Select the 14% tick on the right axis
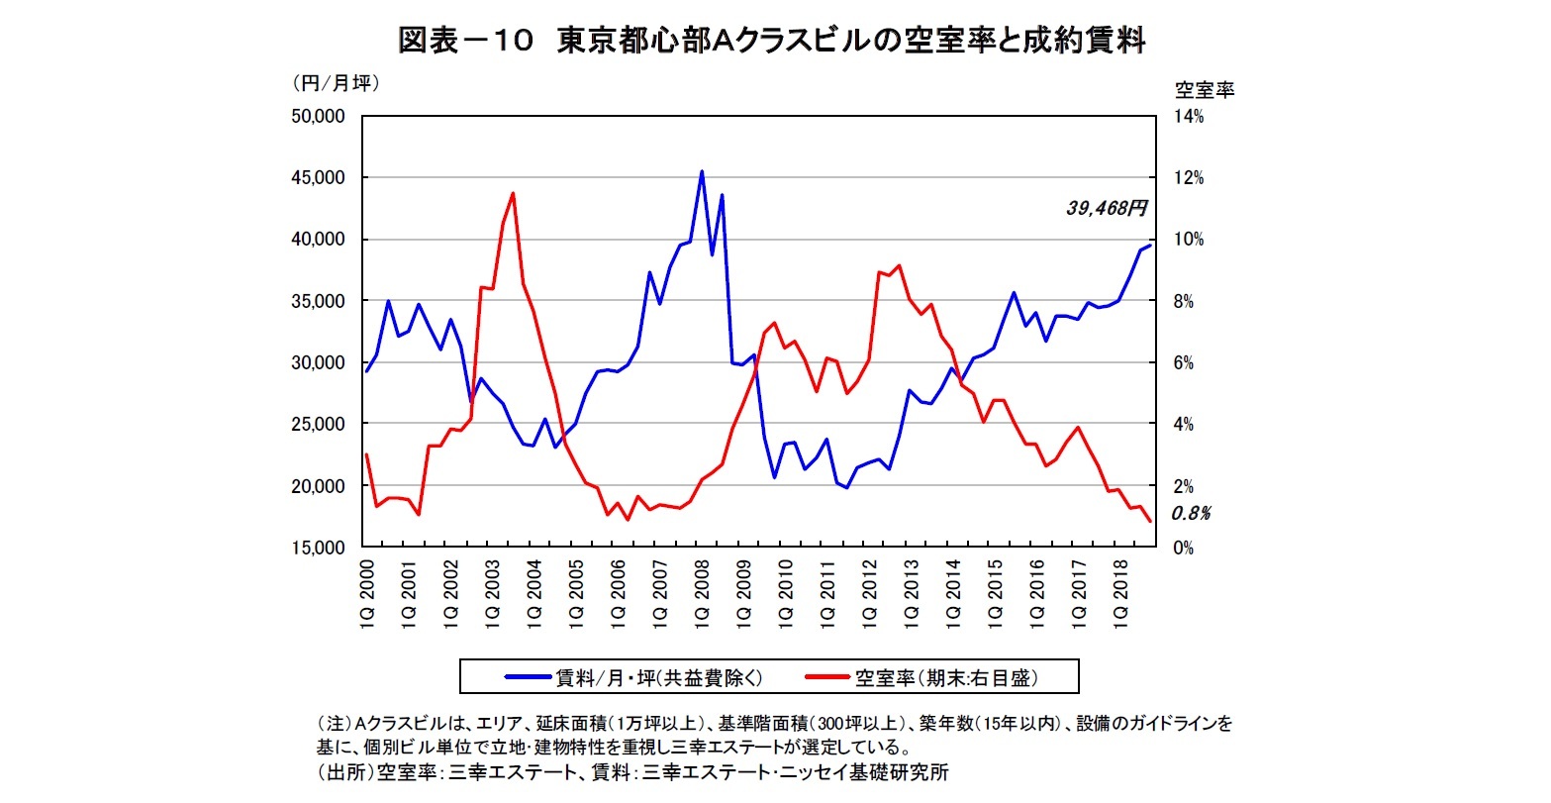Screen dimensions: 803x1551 tap(1189, 117)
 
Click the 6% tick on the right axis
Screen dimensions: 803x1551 tap(1189, 363)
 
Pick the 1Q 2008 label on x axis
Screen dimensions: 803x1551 tap(704, 595)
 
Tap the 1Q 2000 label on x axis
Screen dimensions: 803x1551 tap(367, 595)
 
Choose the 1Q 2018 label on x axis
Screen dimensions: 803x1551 tap(1122, 595)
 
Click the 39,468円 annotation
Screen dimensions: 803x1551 tap(1106, 208)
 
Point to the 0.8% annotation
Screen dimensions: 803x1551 tap(1191, 514)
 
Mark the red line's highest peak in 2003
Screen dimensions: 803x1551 tap(513, 193)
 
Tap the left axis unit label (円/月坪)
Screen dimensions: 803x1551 tap(336, 84)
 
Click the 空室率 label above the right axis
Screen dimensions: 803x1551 tap(1204, 90)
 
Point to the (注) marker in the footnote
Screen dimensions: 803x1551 tap(332, 724)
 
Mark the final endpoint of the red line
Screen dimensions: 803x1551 tap(1150, 522)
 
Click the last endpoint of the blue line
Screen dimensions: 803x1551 tap(1150, 245)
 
